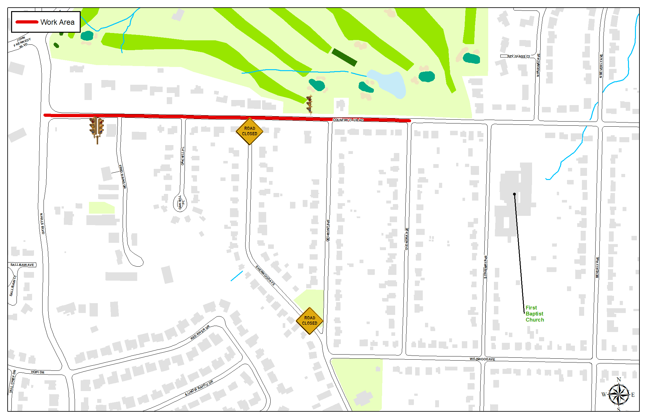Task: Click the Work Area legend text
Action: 57,22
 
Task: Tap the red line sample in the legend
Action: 27,22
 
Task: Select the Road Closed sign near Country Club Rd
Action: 249,131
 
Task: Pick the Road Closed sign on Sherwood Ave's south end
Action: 309,321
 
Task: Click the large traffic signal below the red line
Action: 97,128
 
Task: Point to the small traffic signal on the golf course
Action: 309,104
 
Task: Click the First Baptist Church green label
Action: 535,314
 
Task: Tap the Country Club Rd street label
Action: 348,120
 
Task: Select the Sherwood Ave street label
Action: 265,276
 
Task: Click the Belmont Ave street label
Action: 328,230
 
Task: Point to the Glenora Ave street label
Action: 407,239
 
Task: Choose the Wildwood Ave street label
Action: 482,359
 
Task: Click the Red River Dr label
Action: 200,333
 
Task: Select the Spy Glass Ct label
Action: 518,56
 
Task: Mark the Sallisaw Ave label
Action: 22,265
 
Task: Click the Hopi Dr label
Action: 37,372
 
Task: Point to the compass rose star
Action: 618,395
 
